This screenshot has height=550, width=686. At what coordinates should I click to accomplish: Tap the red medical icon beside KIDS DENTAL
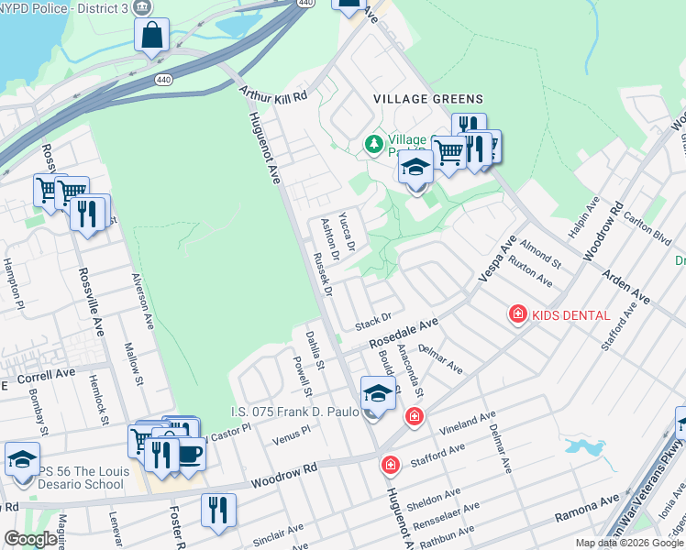[x=518, y=314]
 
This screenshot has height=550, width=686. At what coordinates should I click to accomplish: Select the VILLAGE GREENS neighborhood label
[x=427, y=99]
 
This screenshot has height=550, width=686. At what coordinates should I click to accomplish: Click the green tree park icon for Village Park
[x=373, y=144]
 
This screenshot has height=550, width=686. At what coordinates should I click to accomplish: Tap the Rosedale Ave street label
[x=404, y=333]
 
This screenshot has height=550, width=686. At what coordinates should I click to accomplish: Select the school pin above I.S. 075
[x=377, y=391]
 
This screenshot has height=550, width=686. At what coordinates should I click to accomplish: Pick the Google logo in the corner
[x=30, y=539]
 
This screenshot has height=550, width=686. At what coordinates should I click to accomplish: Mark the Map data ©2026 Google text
[x=629, y=543]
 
